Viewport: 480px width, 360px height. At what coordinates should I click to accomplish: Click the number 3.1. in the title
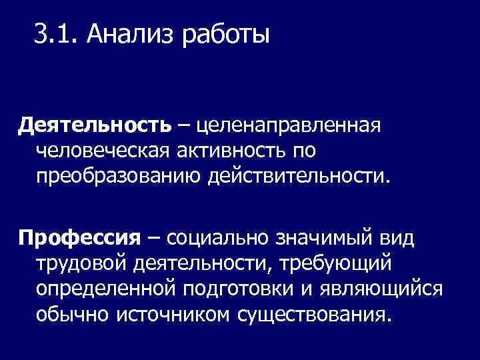(x=55, y=33)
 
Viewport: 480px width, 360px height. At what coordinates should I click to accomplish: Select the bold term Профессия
(x=79, y=238)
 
